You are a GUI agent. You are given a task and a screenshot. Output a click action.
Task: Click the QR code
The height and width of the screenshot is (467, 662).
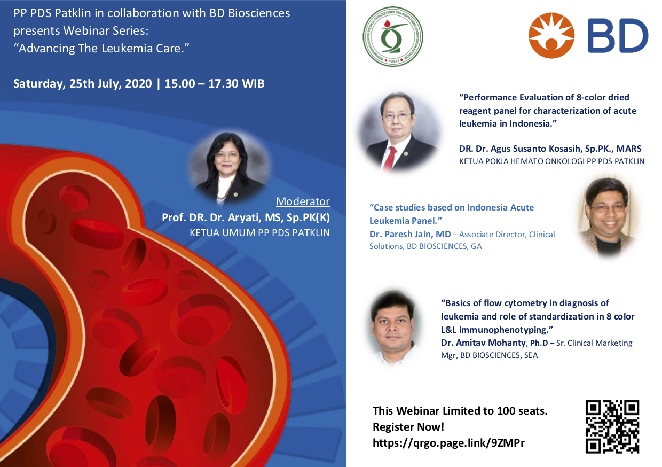pos(612,427)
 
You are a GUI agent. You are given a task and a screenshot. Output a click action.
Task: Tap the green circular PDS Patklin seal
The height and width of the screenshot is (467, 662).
pos(393,36)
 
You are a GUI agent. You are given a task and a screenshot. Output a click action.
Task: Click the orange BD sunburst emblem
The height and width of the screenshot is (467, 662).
pos(551,35)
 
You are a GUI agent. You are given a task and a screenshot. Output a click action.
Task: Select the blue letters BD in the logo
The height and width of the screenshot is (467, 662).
pos(618,35)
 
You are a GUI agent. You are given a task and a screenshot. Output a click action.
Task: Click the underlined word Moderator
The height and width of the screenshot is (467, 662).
pos(303,201)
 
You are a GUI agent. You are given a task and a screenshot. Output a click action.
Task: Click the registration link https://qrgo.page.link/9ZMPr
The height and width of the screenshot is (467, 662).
pos(448,443)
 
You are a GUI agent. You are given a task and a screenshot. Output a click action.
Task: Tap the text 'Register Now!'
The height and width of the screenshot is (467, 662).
pos(408,427)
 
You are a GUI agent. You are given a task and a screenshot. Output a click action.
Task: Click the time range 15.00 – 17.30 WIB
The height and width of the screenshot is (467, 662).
pos(215,83)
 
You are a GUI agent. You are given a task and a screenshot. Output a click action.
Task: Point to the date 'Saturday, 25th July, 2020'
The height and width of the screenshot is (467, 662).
pos(82,84)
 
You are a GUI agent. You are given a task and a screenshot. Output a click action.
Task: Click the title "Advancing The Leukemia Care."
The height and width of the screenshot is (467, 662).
pos(101,48)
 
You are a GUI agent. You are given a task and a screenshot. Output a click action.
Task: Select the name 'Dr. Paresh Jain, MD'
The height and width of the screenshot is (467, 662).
pos(410,234)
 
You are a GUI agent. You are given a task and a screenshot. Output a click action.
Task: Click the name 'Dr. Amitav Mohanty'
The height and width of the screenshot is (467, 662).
pos(483,343)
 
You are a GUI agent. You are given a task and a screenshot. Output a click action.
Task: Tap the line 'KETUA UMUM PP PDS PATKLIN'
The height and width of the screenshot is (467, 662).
pos(260,233)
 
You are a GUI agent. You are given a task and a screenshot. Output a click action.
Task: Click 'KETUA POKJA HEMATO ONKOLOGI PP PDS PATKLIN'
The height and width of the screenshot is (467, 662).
pos(552,161)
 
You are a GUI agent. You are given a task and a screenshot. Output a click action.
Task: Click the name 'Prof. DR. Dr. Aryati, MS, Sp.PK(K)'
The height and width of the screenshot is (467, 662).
pos(246,217)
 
